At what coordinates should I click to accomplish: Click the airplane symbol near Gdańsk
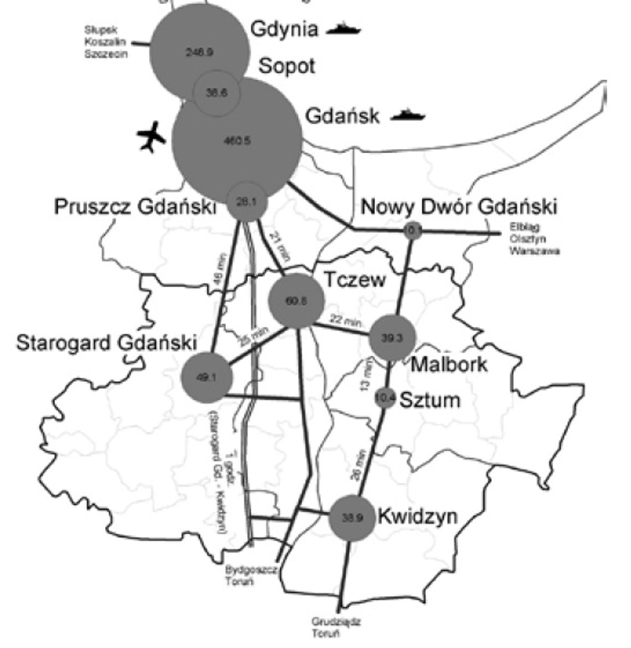[x=151, y=136]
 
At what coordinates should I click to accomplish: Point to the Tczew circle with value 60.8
[x=296, y=300]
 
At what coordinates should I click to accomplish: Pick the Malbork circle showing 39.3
[x=392, y=338]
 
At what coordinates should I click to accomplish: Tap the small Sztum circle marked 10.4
[x=385, y=397]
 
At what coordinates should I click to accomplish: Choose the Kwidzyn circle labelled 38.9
[x=352, y=518]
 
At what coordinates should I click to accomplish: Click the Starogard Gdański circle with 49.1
[x=206, y=378]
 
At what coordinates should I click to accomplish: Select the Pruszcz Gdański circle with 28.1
[x=247, y=202]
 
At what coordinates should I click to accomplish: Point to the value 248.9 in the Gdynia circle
[x=199, y=52]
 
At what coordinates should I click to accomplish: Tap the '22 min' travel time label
[x=344, y=320]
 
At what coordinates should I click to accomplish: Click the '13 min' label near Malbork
[x=365, y=375]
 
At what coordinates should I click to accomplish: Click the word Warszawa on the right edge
[x=535, y=251]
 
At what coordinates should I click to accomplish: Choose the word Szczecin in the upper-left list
[x=106, y=54]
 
